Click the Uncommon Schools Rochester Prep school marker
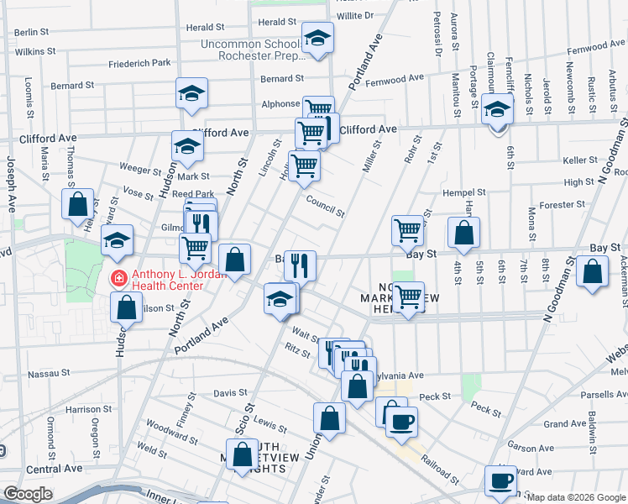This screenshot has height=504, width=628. point(317,40)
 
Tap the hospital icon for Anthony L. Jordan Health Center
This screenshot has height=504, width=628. point(119,276)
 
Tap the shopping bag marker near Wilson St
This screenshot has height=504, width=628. point(125,307)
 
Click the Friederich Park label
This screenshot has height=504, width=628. point(139,62)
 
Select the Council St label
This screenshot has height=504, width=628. point(325,206)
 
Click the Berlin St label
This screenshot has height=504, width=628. point(34,32)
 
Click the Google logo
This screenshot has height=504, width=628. point(29,493)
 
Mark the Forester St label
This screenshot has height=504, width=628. point(562,204)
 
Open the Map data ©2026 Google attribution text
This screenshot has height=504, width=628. point(576,497)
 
